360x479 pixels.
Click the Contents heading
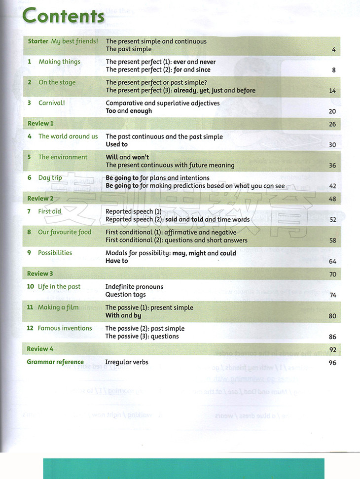63,16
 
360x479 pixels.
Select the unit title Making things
59,62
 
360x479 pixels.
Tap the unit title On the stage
57,83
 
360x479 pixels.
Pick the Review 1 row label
40,124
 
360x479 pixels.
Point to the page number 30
332,145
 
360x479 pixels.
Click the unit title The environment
63,157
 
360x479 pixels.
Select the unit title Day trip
50,178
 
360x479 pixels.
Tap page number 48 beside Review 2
332,199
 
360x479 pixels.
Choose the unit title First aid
49,211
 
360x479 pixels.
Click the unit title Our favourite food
64,232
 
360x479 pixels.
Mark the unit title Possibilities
55,253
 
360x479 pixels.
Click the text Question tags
125,295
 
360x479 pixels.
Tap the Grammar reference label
55,362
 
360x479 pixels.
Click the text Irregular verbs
127,362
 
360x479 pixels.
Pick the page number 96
332,363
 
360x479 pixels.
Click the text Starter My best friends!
63,41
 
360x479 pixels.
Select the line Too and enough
129,111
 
